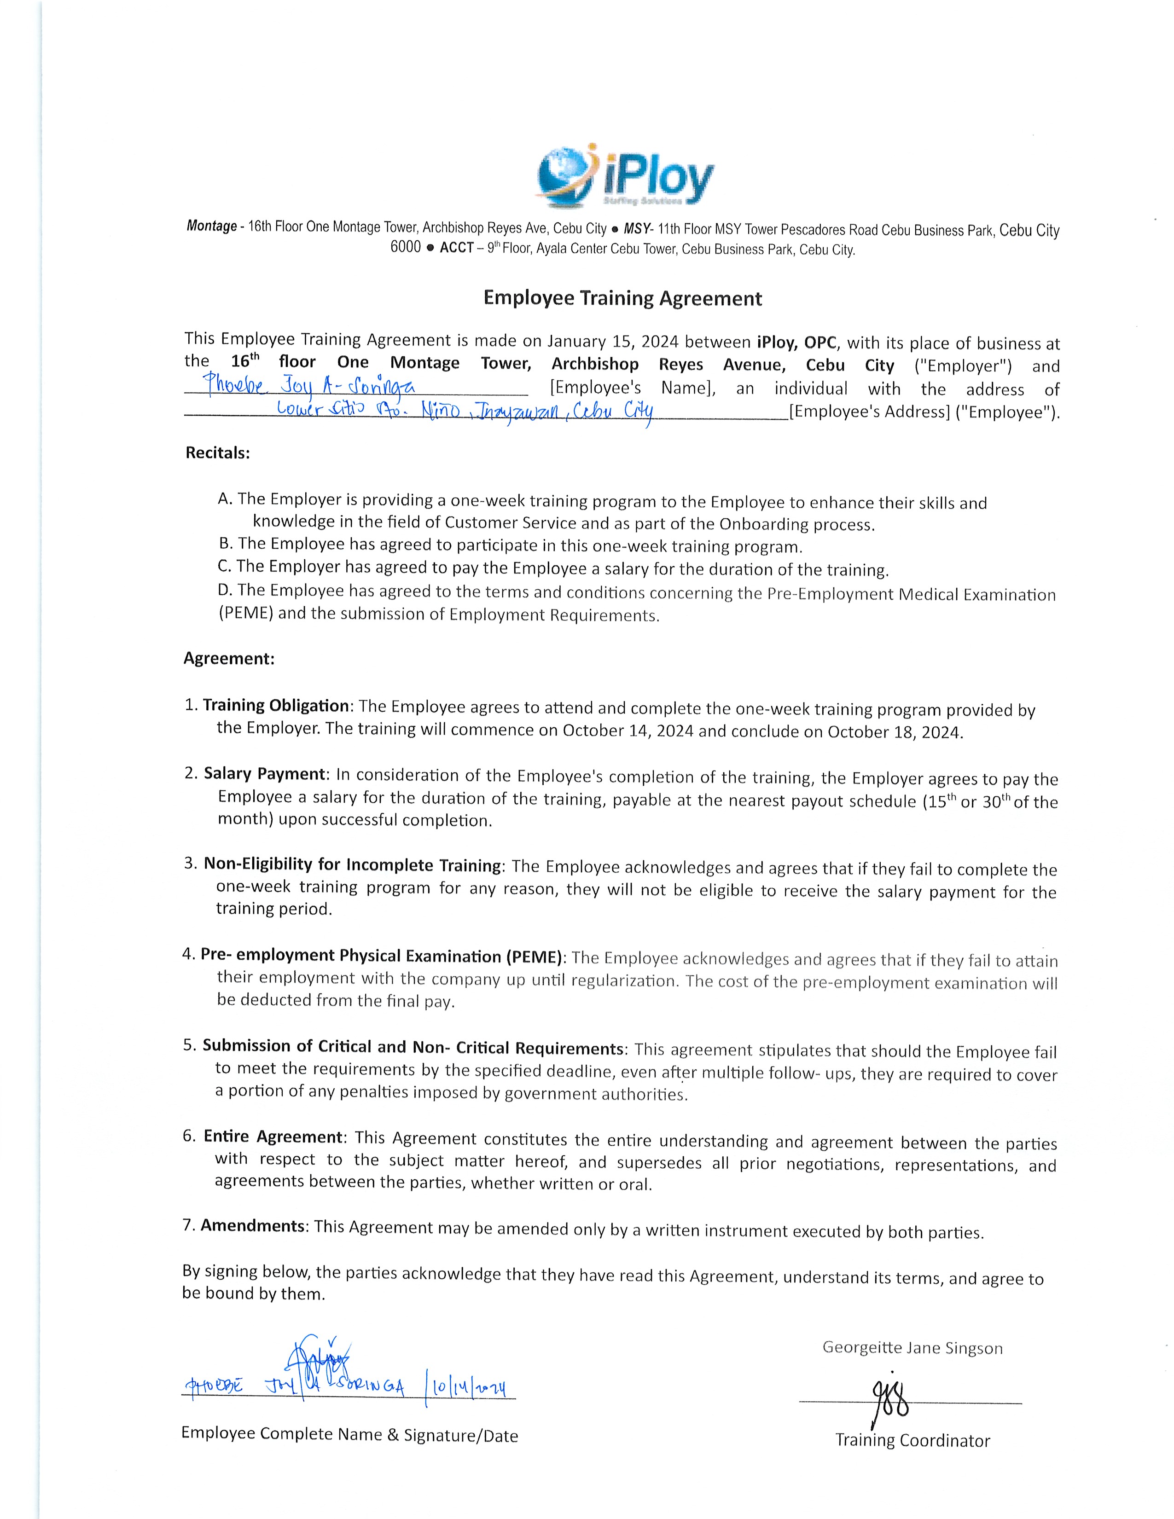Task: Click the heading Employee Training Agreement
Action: click(622, 298)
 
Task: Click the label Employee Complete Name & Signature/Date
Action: click(349, 1434)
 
